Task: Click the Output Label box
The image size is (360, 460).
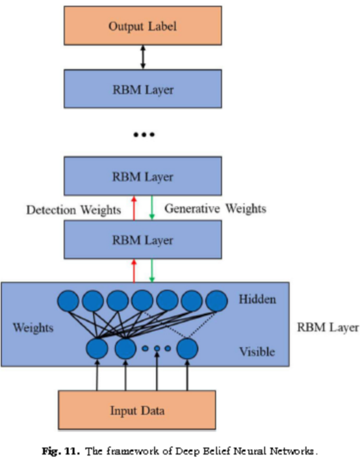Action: point(143,26)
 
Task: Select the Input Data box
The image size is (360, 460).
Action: point(137,410)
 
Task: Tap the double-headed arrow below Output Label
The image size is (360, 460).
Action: point(143,57)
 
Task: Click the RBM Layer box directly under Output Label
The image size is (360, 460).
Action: point(143,89)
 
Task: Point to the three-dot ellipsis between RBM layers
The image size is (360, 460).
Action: point(144,134)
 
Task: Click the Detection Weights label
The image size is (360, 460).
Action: point(73,210)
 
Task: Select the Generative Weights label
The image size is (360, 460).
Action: point(215,209)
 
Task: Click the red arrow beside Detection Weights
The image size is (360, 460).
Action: point(134,208)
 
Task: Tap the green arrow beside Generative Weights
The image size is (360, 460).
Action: point(151,208)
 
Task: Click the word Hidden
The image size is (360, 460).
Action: point(257,300)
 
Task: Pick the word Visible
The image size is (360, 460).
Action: point(257,351)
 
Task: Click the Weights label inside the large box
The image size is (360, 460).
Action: point(33,327)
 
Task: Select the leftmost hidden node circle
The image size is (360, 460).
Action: point(68,301)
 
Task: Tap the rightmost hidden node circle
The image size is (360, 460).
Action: point(216,301)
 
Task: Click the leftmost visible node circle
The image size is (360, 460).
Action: point(97,348)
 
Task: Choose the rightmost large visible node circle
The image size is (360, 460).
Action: point(187,348)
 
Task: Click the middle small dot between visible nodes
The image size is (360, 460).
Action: point(157,348)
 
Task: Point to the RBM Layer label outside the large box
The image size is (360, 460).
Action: point(328,327)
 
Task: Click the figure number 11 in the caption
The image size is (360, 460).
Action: point(70,451)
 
